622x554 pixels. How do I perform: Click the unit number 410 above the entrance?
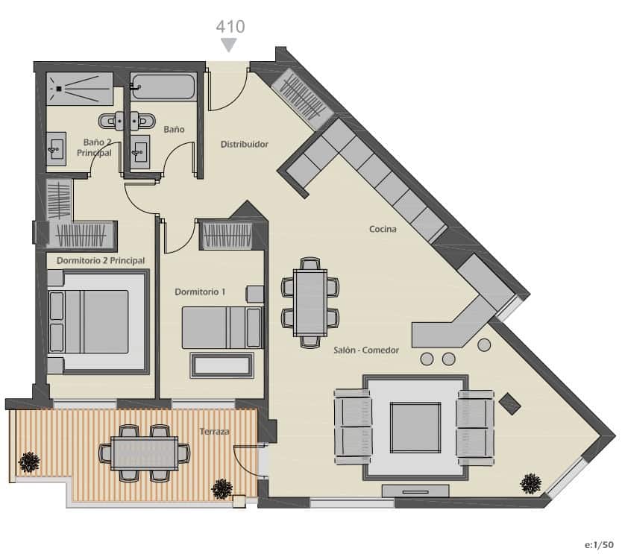click(230, 26)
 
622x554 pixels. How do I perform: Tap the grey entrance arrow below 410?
click(230, 45)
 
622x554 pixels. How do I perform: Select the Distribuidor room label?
click(244, 144)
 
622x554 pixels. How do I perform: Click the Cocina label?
click(383, 229)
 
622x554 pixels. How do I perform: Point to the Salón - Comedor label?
click(366, 350)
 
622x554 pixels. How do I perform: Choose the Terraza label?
click(214, 432)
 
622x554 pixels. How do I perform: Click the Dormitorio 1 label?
click(200, 292)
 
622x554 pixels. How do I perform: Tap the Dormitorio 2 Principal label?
click(101, 260)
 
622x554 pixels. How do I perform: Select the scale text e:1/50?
click(599, 545)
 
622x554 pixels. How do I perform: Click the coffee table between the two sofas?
click(415, 426)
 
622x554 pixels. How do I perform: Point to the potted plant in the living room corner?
click(530, 484)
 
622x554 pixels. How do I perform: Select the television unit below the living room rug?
click(415, 491)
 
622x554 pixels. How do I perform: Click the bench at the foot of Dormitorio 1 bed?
click(222, 365)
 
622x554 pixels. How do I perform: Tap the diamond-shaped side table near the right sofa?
click(511, 403)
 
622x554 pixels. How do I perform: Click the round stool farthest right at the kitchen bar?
click(484, 345)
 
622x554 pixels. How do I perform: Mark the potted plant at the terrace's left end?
click(28, 462)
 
